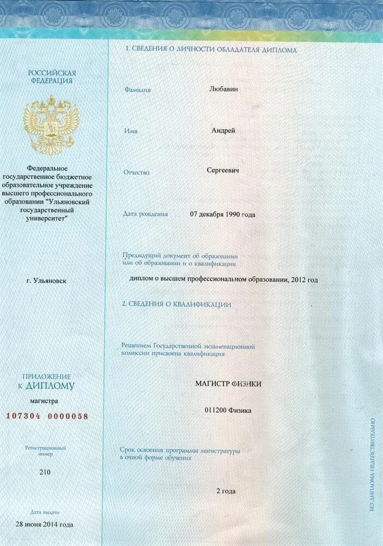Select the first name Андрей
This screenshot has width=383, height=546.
[223, 130]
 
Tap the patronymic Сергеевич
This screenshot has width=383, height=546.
[223, 170]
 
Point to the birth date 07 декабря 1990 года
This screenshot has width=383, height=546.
[222, 215]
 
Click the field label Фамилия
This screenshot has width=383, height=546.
[137, 90]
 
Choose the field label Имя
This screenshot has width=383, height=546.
[131, 131]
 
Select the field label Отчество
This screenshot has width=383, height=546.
[137, 172]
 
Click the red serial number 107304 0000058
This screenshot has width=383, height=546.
[46, 416]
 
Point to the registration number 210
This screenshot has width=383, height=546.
[45, 472]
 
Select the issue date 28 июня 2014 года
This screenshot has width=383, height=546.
[44, 525]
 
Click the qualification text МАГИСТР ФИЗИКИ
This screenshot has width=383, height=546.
[228, 384]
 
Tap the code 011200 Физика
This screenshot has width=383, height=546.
[228, 410]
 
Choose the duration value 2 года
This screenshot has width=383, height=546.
[226, 491]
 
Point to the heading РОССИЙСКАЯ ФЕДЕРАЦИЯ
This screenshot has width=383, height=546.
[52, 76]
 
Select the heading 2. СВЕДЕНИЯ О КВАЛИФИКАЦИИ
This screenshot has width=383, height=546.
[177, 304]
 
